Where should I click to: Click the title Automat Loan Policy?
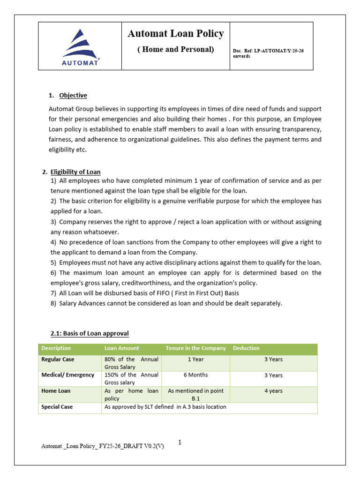[176, 34]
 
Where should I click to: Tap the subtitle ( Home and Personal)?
[176, 49]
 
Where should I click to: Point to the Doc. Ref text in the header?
[268, 53]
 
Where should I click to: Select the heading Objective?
[73, 95]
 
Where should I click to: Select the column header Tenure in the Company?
[195, 348]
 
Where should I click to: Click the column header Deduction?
[246, 348]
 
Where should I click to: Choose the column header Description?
[56, 348]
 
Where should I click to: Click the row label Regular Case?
[58, 360]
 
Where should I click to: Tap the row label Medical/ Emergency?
[67, 375]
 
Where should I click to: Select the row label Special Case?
[57, 407]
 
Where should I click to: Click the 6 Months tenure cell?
[195, 375]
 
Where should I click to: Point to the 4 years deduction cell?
[273, 391]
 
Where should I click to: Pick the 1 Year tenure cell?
[195, 360]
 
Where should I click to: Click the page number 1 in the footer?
[180, 442]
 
